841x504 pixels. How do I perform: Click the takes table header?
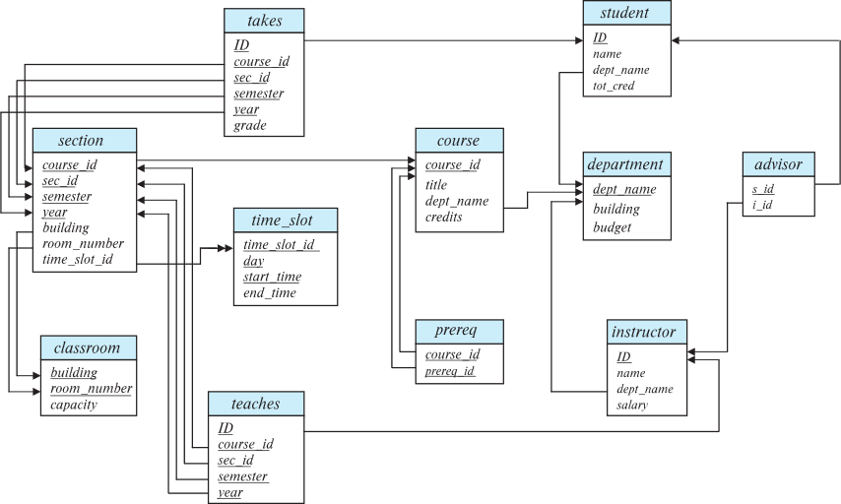coord(264,21)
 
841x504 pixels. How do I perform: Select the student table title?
coord(626,13)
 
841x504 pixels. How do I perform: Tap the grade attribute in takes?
coord(250,125)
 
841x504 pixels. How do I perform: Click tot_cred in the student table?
coord(614,86)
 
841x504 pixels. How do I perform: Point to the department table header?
coord(625,163)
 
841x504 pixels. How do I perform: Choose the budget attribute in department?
coord(612,227)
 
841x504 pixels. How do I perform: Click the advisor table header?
coord(778,163)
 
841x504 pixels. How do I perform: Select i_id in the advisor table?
coord(762,205)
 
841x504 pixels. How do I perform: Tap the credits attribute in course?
coord(443,217)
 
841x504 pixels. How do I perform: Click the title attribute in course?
coord(436,184)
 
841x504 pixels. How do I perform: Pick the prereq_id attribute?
coord(450,371)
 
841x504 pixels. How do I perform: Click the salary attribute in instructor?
coord(632,405)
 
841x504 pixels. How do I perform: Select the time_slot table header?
coord(285,220)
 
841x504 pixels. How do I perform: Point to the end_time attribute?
coord(269,292)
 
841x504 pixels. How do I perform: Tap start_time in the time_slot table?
coord(272,277)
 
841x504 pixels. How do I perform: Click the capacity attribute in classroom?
coord(74,404)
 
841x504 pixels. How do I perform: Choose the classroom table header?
coord(87,347)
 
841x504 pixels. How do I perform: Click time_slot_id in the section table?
coord(77,259)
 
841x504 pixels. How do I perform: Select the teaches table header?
coord(255,404)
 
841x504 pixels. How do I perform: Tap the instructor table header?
coord(644,332)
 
